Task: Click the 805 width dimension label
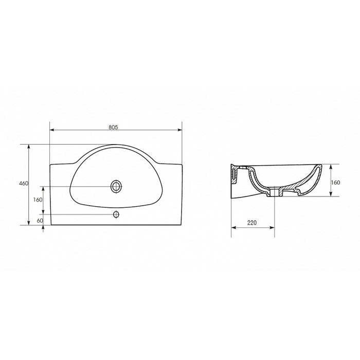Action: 113,127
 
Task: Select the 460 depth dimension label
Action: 24,184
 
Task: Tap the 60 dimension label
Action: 40,221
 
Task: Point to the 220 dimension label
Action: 252,223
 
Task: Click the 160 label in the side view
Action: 335,183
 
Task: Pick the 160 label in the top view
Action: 38,200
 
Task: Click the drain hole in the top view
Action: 116,186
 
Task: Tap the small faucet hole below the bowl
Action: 116,214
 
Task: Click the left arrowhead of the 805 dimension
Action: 52,130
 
